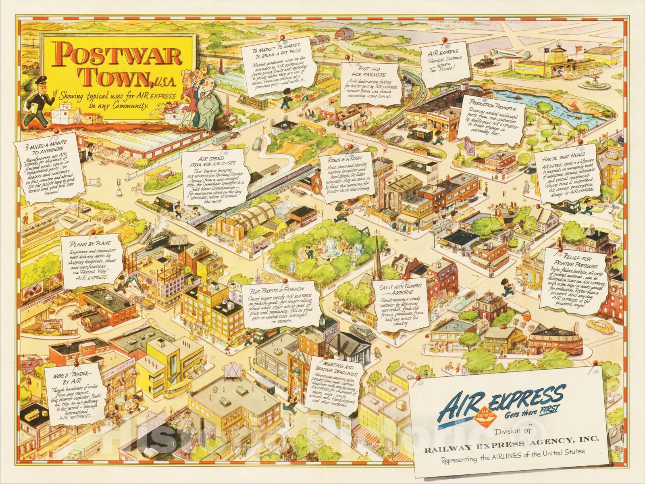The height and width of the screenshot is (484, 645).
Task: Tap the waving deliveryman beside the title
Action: [35, 101]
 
